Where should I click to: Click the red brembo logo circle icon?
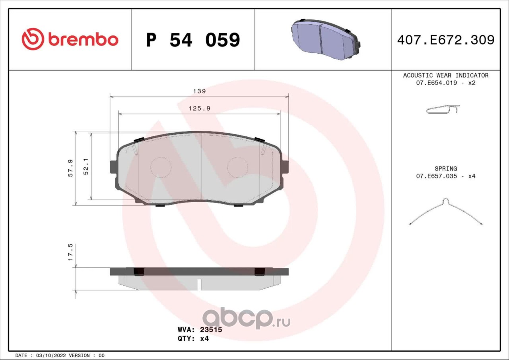pos(33,39)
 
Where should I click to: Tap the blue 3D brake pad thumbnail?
pos(325,39)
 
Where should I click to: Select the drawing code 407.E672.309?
pos(446,40)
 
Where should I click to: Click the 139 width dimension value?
pos(199,91)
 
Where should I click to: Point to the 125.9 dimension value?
pos(199,108)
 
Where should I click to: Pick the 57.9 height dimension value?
pos(70,168)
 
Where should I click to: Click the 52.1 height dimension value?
pos(86,166)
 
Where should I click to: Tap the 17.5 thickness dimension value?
pos(70,252)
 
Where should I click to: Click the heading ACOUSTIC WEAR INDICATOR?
pos(446,75)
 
